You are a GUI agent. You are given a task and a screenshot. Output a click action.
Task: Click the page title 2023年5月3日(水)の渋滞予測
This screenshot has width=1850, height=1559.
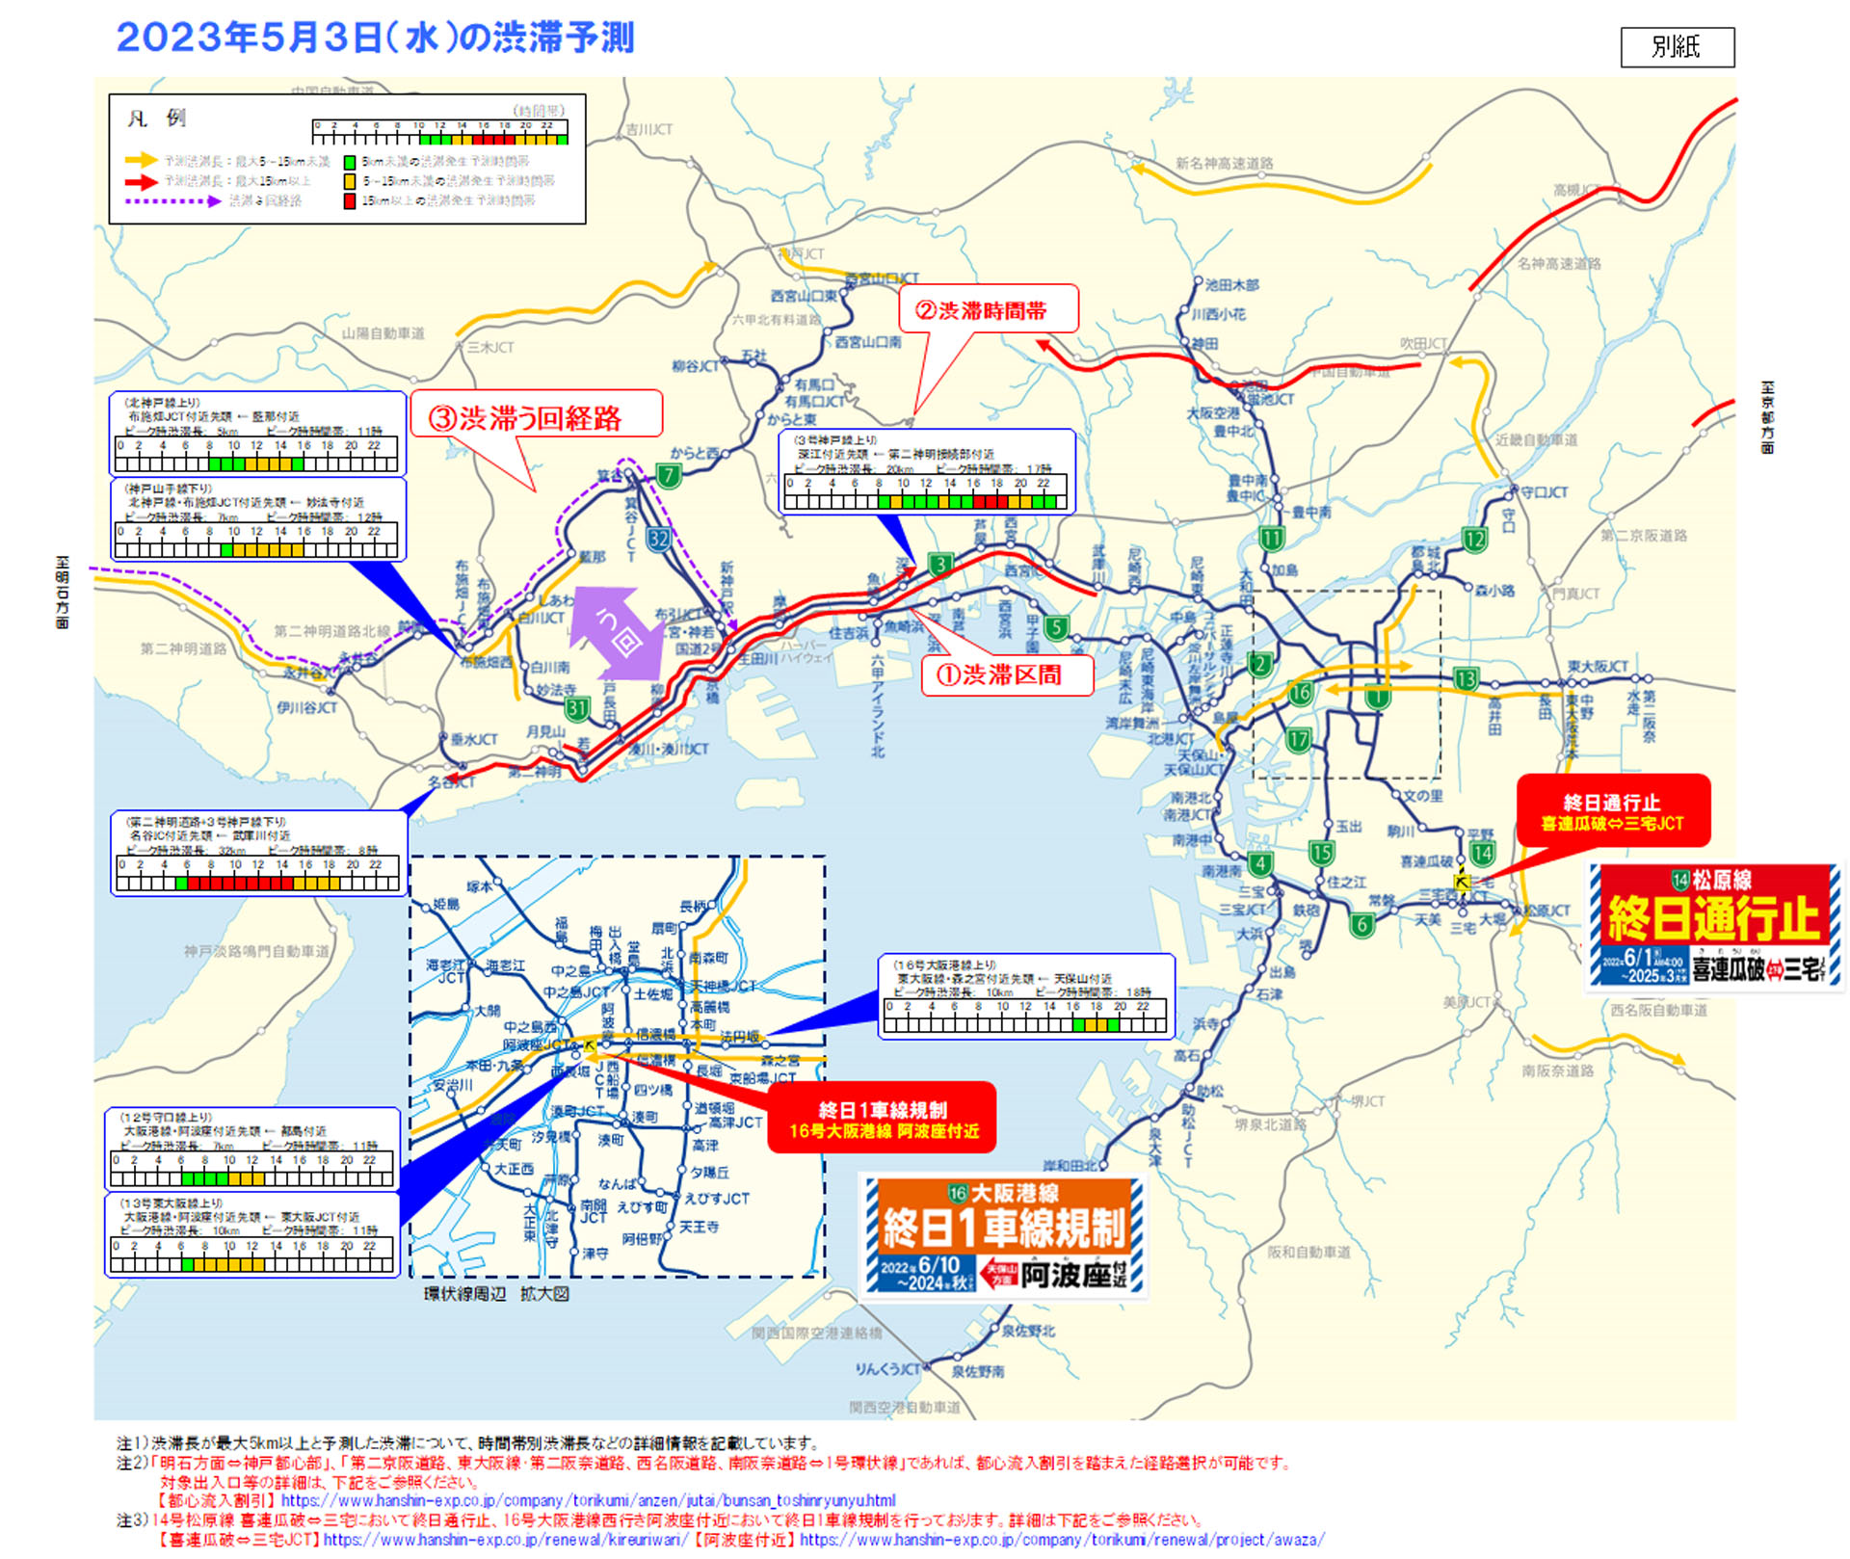(x=375, y=39)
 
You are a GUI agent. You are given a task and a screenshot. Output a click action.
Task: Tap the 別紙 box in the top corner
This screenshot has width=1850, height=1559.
(x=1677, y=47)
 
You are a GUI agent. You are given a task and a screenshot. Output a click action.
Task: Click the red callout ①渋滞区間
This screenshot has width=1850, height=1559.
(x=1008, y=674)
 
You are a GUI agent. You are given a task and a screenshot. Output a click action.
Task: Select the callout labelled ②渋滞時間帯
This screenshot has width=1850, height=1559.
(x=988, y=309)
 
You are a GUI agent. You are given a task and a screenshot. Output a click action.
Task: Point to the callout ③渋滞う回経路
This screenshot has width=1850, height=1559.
(x=537, y=416)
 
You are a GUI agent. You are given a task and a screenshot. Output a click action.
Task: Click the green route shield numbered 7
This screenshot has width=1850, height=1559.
(x=668, y=474)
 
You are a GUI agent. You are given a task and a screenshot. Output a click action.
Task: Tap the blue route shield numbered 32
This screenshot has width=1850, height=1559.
(x=658, y=539)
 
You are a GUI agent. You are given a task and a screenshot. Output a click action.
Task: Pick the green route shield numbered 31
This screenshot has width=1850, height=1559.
(x=576, y=709)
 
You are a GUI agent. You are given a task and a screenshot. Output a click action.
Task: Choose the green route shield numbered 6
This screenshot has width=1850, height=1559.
(x=1361, y=925)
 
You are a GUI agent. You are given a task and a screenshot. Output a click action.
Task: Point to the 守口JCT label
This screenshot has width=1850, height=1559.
(x=1544, y=492)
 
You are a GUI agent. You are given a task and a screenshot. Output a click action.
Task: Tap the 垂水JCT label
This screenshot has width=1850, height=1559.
(x=474, y=739)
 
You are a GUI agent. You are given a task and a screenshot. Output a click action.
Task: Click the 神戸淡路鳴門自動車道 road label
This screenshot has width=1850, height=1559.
(x=256, y=951)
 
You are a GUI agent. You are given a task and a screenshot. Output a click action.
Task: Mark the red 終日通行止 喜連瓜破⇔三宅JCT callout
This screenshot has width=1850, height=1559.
(x=1612, y=811)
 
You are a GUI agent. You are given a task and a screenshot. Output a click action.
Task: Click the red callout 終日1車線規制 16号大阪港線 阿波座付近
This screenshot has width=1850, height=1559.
(x=882, y=1119)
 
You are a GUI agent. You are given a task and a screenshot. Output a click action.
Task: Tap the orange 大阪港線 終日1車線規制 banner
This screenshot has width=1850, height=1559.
(x=1003, y=1235)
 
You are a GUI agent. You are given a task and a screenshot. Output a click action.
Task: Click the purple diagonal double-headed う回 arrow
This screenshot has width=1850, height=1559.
(x=618, y=632)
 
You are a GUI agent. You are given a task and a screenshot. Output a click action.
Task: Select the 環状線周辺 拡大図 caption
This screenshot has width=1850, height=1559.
(x=496, y=1294)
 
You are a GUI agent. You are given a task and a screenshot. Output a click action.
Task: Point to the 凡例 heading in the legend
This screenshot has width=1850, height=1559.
(x=156, y=119)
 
